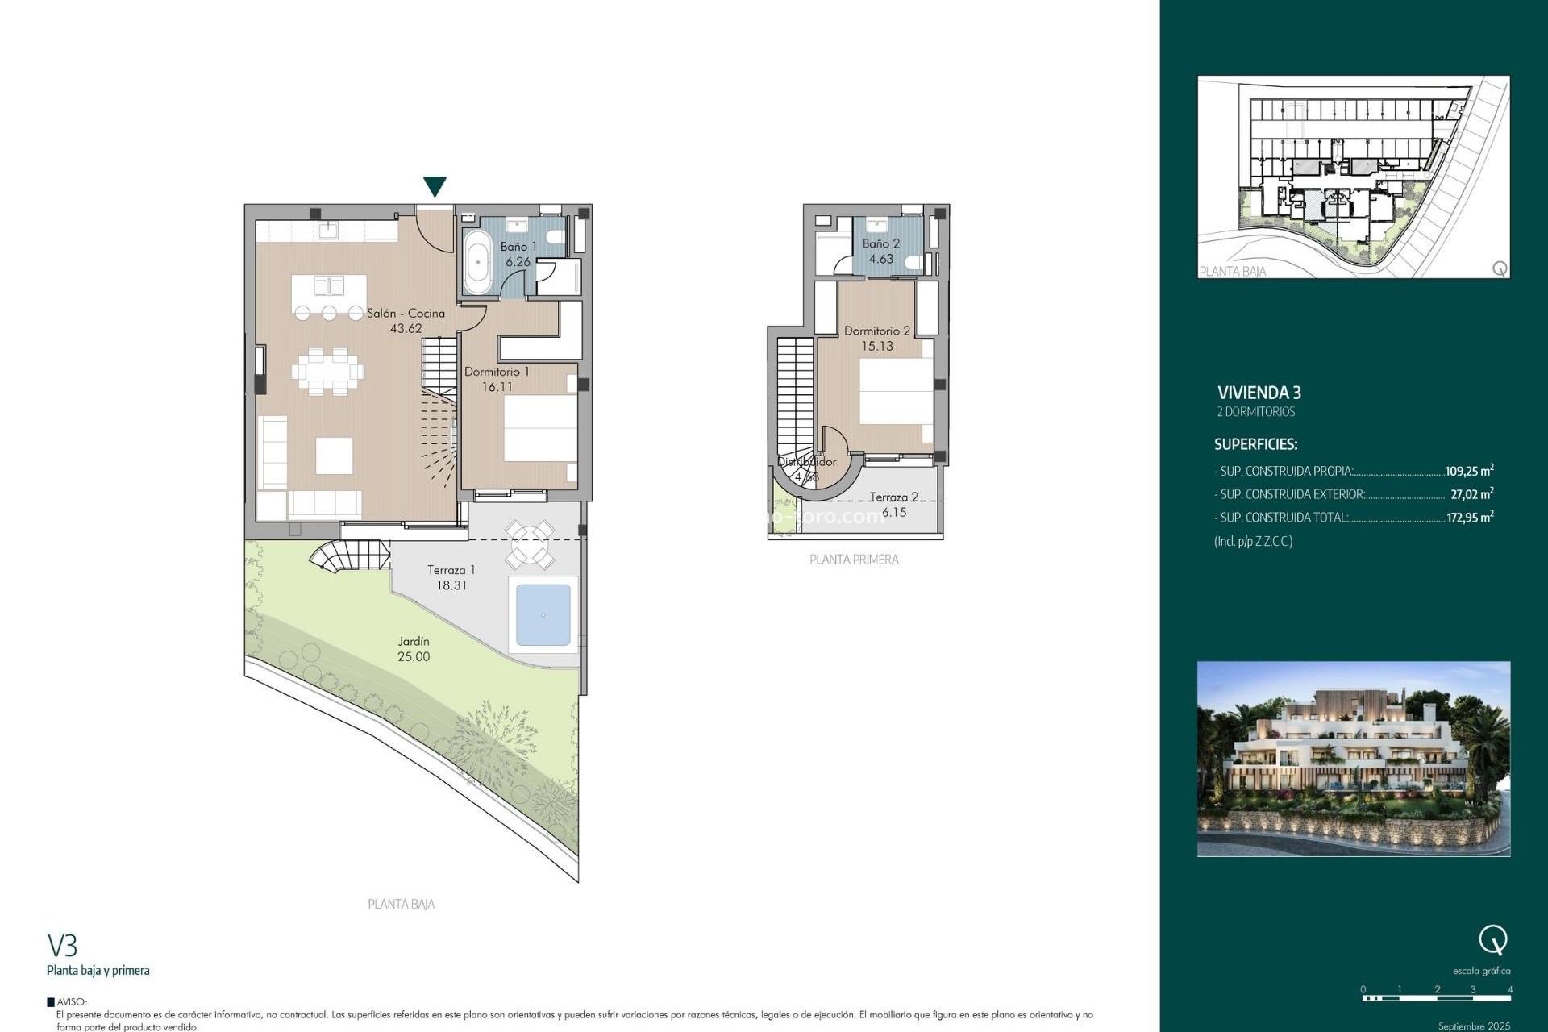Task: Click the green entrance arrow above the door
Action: click(x=435, y=186)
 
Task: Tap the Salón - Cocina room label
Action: click(x=406, y=313)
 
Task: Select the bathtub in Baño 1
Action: click(x=477, y=262)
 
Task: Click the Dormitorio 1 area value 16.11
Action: click(x=497, y=387)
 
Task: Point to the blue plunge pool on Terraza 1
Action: click(x=543, y=615)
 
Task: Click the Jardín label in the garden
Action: click(x=414, y=641)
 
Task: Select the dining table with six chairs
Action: click(x=328, y=372)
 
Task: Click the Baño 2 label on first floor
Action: click(x=880, y=243)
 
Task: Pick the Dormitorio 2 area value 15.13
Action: click(x=877, y=346)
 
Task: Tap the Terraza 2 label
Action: click(x=893, y=497)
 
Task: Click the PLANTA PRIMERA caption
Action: click(x=854, y=560)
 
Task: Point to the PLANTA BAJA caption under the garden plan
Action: click(x=401, y=905)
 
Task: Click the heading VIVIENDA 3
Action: click(x=1259, y=393)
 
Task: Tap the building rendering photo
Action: click(x=1353, y=759)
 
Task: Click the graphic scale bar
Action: click(x=1436, y=998)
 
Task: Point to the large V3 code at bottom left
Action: click(x=62, y=945)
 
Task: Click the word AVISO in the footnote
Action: click(x=72, y=1002)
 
